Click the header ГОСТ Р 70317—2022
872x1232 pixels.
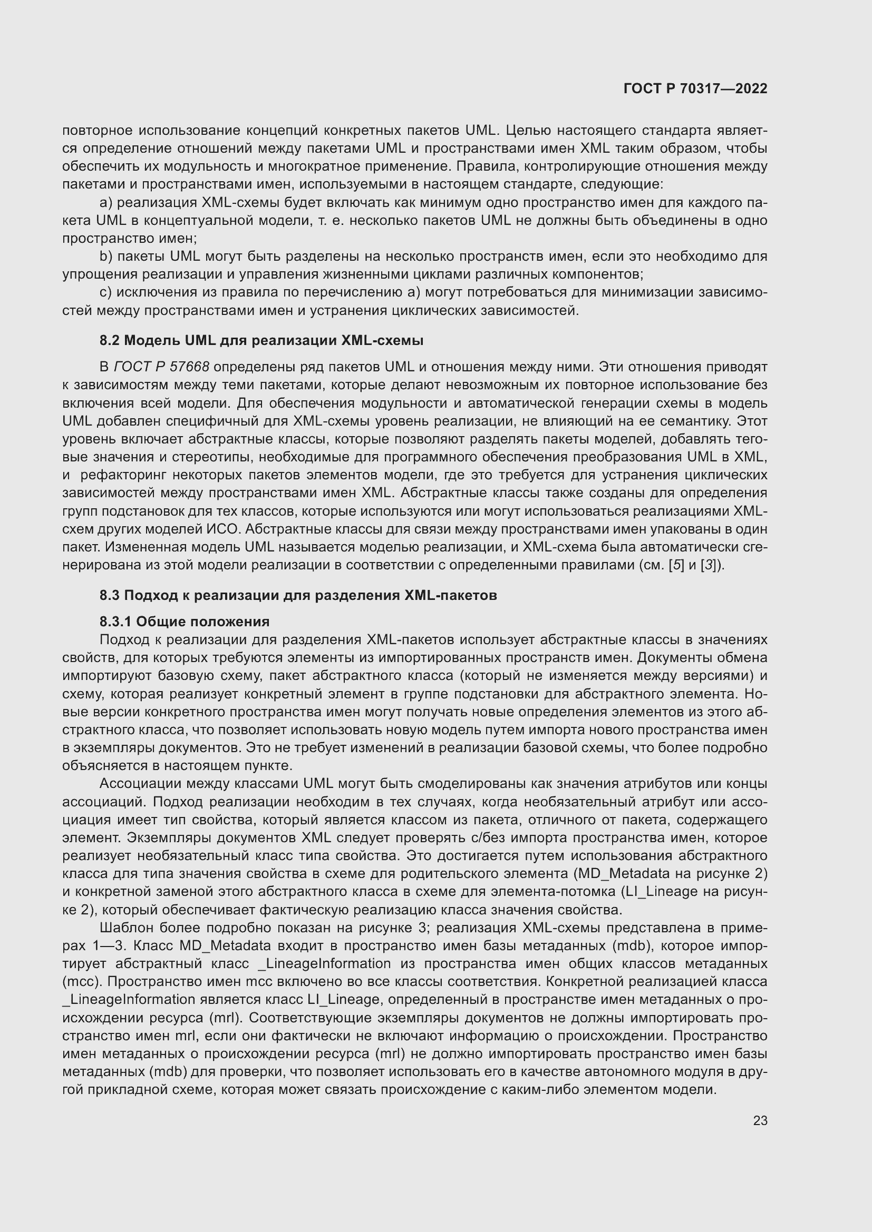pyautogui.click(x=695, y=88)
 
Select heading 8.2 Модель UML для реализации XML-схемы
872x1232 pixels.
pyautogui.click(x=261, y=340)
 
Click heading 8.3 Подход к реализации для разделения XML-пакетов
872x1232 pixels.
pyautogui.click(x=298, y=595)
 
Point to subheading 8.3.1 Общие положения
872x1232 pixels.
pyautogui.click(x=184, y=622)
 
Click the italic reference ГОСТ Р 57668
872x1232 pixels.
pyautogui.click(x=162, y=367)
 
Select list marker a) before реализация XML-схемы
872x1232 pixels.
pyautogui.click(x=106, y=203)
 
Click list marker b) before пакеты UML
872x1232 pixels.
pyautogui.click(x=106, y=257)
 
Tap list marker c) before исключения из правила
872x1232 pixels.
pyautogui.click(x=106, y=292)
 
